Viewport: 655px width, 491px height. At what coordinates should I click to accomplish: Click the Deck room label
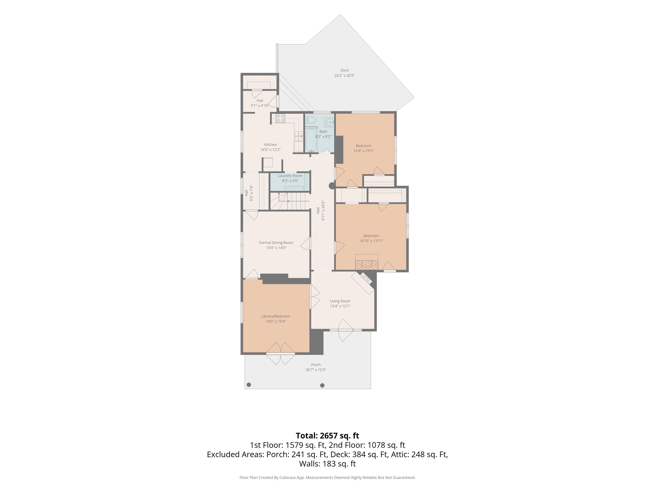click(344, 70)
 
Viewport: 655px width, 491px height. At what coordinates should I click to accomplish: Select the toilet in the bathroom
click(311, 120)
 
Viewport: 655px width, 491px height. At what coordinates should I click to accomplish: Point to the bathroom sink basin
click(330, 122)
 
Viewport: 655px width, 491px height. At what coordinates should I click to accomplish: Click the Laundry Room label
click(290, 176)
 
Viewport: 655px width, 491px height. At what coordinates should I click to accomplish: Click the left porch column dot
click(249, 385)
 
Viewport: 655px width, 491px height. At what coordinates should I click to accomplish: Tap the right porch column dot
click(322, 385)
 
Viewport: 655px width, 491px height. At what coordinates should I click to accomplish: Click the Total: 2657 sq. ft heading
click(327, 436)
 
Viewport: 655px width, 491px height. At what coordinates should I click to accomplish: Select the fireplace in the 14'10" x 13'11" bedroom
click(367, 262)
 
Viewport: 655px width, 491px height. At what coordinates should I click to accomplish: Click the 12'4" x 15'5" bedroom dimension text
click(364, 151)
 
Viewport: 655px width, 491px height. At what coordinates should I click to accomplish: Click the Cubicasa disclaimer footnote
click(327, 477)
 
